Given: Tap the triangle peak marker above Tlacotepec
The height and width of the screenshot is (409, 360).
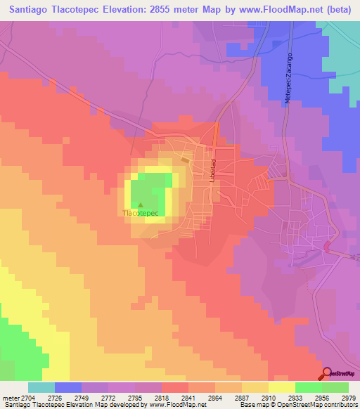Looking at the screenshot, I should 140,206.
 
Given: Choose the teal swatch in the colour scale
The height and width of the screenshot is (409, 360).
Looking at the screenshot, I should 41,387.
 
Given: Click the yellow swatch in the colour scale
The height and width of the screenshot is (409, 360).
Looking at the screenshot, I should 281,387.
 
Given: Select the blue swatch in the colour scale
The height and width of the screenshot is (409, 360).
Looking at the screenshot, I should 67,387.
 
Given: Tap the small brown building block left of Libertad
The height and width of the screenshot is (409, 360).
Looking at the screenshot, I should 185,160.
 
